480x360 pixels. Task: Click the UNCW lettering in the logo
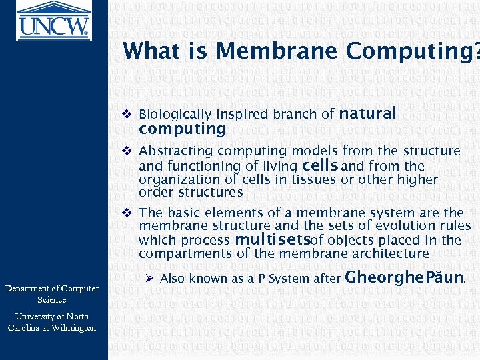click(x=53, y=27)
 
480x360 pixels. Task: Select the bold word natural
click(x=367, y=113)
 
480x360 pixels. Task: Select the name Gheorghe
click(x=378, y=277)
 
